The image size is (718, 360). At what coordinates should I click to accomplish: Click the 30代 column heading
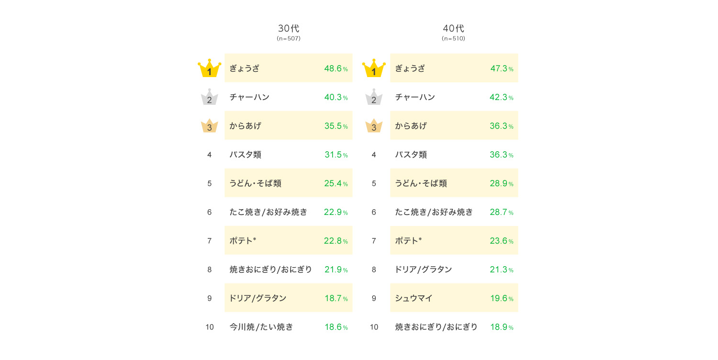(288, 29)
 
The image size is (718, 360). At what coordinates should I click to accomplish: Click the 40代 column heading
(453, 29)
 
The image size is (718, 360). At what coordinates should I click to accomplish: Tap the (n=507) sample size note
(288, 39)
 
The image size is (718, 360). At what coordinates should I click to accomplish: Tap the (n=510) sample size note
(453, 39)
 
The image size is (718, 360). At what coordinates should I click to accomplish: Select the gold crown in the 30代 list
(209, 69)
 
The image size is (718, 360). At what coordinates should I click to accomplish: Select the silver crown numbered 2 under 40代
(374, 98)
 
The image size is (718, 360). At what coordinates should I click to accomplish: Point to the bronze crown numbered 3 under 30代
(209, 126)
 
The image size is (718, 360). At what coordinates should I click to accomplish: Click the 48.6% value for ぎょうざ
(336, 68)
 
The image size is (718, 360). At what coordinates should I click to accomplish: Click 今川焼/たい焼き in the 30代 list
(261, 327)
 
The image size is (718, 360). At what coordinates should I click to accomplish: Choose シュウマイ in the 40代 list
(414, 298)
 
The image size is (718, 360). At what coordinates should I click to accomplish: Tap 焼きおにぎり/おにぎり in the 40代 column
(436, 327)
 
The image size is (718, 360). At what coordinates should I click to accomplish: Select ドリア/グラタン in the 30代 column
(258, 298)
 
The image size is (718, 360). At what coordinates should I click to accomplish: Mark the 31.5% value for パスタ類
(336, 155)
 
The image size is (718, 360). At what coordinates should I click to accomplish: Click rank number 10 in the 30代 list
(209, 327)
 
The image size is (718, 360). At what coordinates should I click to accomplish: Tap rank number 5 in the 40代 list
(374, 183)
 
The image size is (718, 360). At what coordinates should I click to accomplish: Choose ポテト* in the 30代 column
(243, 241)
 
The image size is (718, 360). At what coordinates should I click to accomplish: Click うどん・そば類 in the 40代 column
(421, 183)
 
